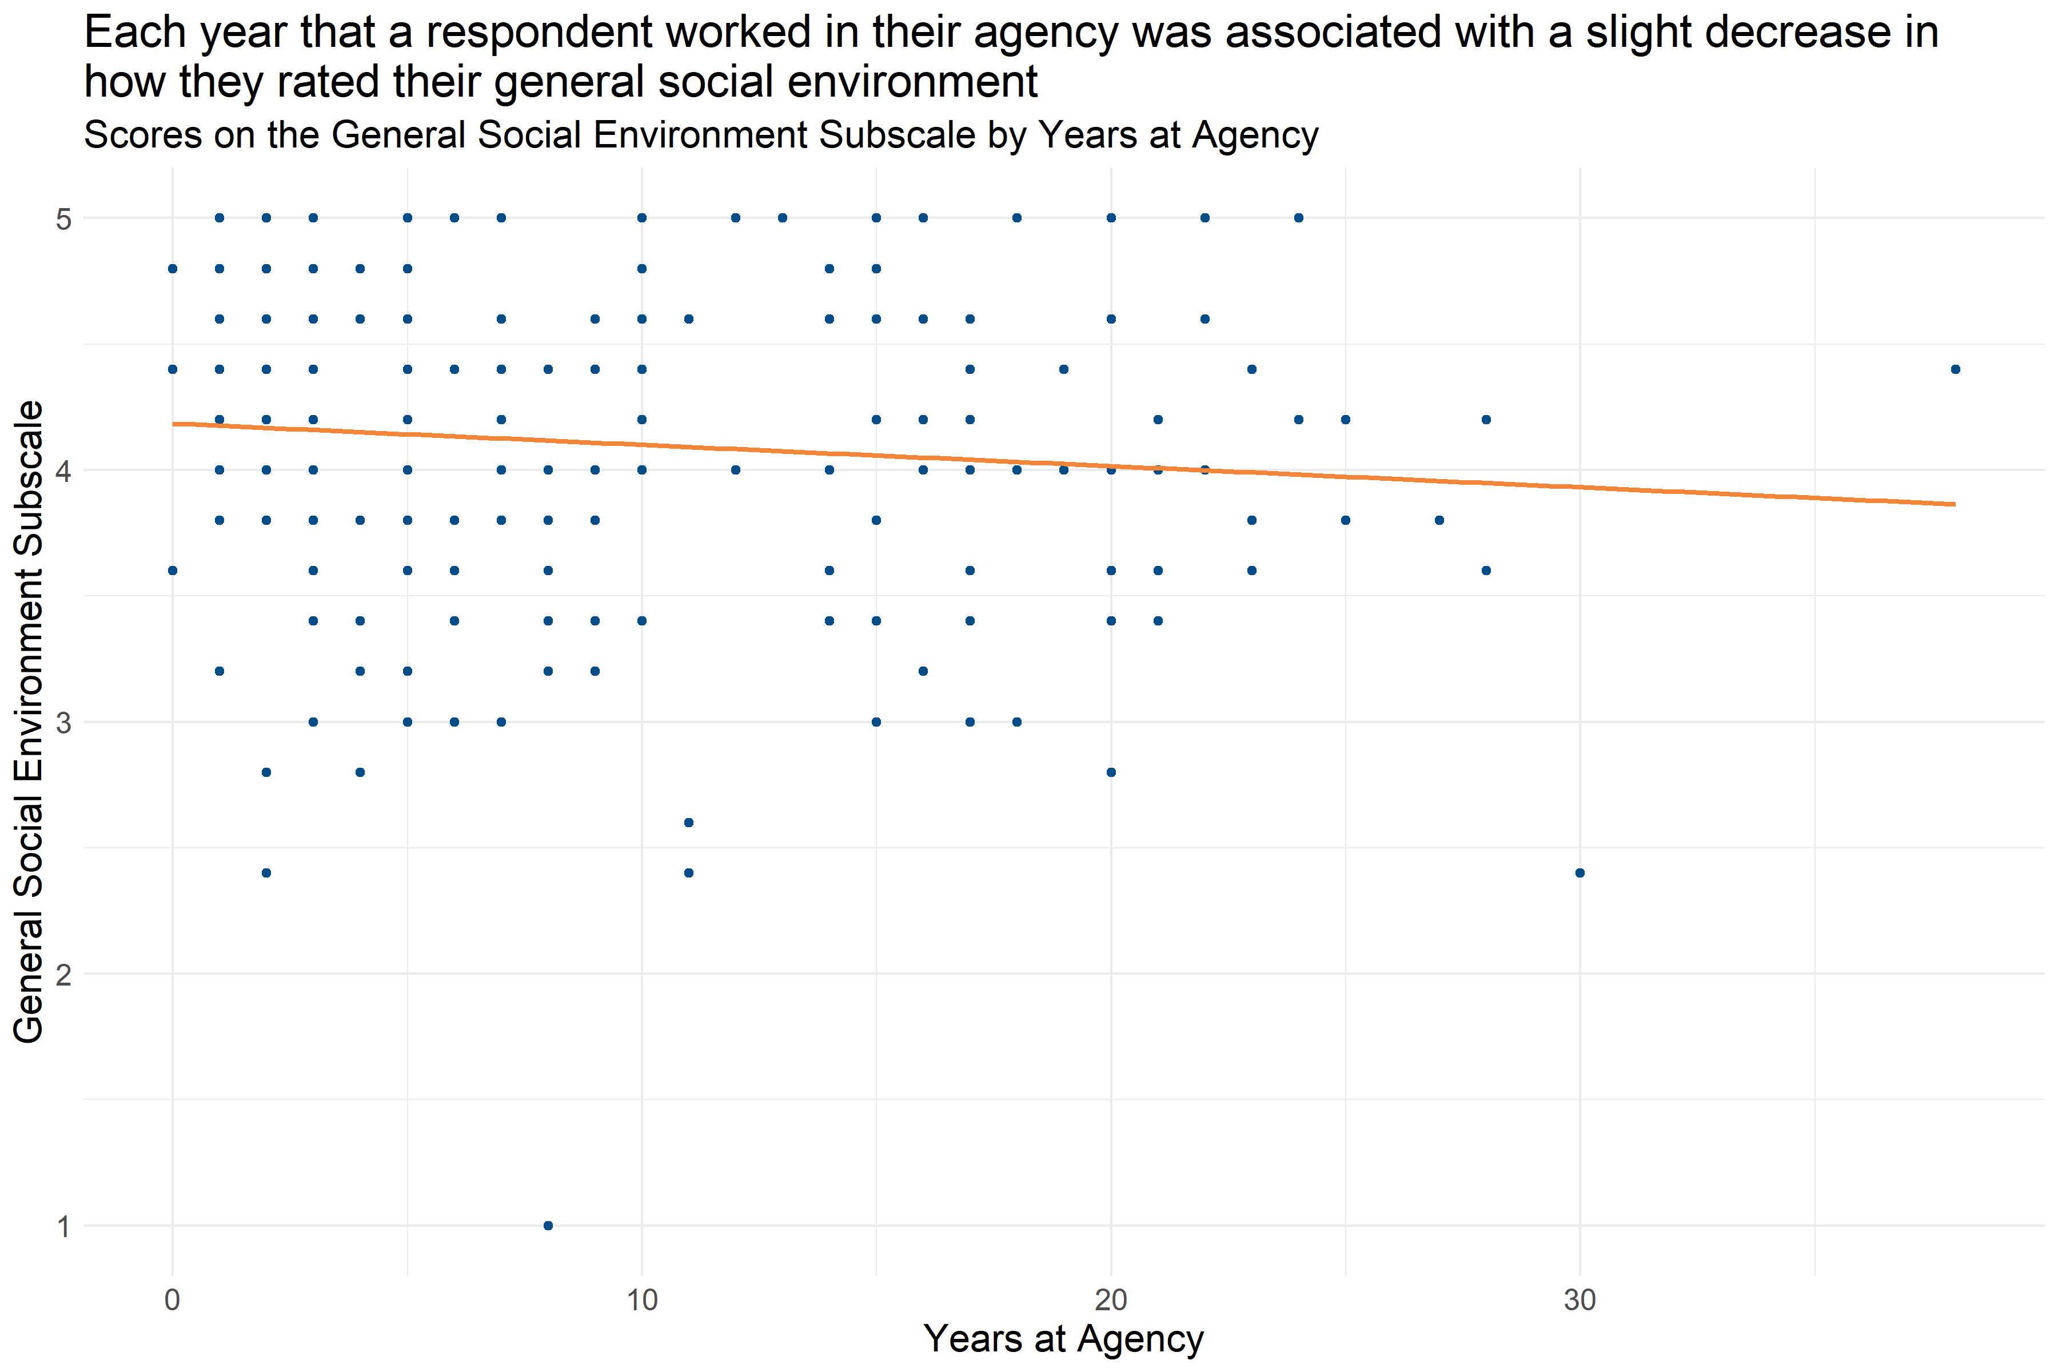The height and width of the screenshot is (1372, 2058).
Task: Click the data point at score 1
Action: tap(548, 1226)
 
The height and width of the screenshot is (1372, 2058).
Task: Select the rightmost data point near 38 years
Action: tap(1956, 369)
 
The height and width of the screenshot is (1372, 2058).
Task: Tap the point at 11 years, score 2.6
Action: tap(689, 823)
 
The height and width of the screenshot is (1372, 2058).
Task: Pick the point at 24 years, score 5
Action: tap(1298, 218)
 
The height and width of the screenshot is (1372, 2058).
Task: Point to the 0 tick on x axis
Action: tap(173, 1300)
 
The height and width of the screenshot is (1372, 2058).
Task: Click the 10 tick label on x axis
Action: tap(641, 1300)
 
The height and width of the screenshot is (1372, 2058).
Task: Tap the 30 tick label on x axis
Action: tap(1580, 1300)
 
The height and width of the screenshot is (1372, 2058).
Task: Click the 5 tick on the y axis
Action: tap(63, 219)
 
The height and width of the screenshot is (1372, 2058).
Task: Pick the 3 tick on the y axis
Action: tap(63, 723)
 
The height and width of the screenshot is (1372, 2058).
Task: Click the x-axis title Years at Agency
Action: tap(1063, 1339)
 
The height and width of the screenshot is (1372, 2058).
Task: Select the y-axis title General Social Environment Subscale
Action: tap(29, 722)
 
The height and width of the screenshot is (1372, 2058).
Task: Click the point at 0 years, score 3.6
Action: tap(173, 571)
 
